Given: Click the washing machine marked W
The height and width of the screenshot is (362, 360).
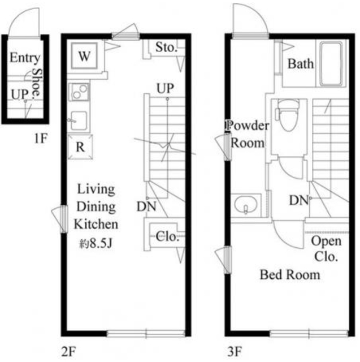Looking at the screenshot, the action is point(84,56).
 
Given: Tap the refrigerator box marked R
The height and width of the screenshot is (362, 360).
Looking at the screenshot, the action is point(80,147).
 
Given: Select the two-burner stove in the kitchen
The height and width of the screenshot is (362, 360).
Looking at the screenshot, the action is point(79,92).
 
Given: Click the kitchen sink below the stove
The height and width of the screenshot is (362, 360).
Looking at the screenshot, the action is point(79,120).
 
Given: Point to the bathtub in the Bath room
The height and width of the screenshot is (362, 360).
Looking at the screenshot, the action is point(331,64).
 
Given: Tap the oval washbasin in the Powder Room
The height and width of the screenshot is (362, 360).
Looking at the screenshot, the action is point(246,205).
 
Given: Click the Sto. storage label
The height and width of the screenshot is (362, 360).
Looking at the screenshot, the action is point(166,48).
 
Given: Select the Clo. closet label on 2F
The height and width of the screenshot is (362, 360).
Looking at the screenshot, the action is point(167,236).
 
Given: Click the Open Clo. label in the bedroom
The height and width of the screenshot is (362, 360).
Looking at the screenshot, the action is point(326,249).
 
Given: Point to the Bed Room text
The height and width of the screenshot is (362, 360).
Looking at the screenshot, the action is point(290,275).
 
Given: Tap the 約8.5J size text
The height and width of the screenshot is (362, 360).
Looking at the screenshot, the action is point(96,243).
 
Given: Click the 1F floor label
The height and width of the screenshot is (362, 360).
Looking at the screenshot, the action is point(41,139).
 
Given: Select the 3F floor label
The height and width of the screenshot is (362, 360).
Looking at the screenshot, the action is point(235,352).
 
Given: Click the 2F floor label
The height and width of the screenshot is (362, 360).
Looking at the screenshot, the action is point(68,352).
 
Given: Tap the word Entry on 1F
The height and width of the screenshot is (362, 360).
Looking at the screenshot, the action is point(25,58).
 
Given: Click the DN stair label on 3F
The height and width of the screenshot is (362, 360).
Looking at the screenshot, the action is point(299,200).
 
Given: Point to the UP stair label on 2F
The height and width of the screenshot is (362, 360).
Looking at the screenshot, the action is point(165,88).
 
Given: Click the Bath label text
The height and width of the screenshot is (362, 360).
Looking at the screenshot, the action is point(301,63).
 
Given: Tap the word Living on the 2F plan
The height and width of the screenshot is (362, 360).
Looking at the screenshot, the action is point(96,189).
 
